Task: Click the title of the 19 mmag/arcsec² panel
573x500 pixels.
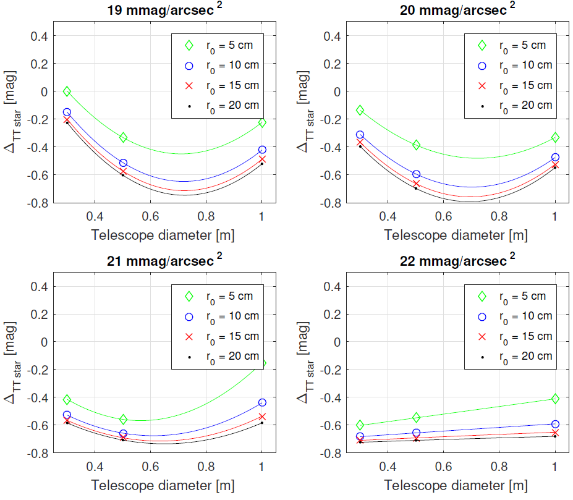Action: [163, 9]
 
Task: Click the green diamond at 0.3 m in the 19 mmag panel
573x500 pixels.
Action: [67, 91]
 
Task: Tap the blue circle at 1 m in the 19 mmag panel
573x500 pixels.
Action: [262, 150]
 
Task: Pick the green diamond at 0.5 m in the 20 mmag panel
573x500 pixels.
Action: [416, 145]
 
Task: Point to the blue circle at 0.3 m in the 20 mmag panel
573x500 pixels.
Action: [360, 135]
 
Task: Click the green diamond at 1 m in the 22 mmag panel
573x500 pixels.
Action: [555, 399]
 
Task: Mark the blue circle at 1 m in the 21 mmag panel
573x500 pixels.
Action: [262, 402]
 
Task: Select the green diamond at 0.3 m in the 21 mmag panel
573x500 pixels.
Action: [67, 400]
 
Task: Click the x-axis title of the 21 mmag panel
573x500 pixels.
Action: [163, 486]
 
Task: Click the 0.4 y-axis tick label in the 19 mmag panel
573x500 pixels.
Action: [40, 36]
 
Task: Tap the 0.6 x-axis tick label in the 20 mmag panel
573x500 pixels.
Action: [443, 217]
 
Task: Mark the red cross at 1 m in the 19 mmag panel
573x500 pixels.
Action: [262, 159]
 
